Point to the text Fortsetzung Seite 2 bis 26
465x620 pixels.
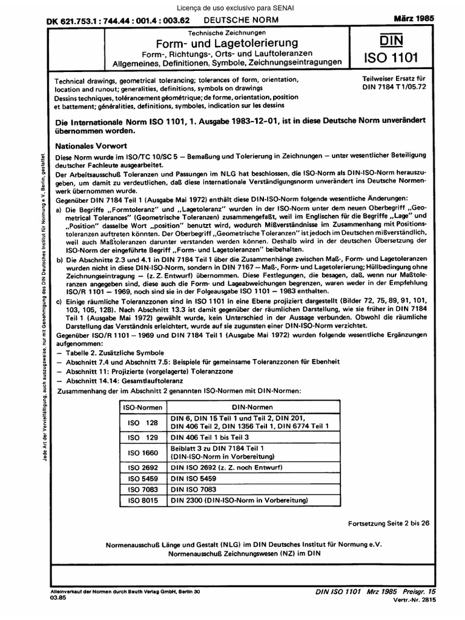pyautogui.click(x=389, y=523)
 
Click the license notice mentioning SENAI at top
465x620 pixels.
pyautogui.click(x=232, y=7)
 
